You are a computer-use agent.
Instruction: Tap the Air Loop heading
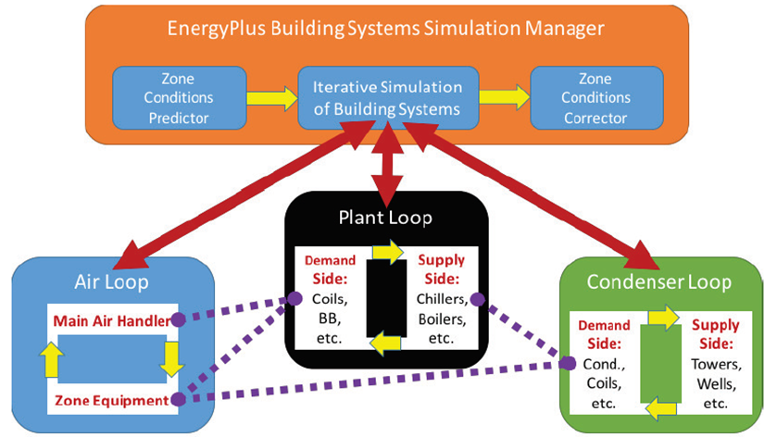pos(114,281)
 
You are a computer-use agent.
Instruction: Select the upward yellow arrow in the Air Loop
pos(49,360)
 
